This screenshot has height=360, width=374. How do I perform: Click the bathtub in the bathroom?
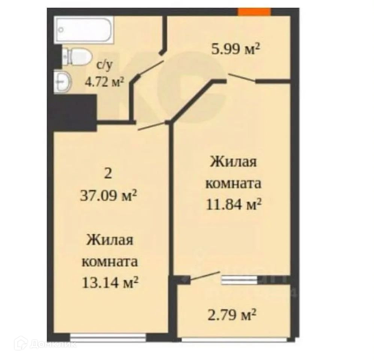click(x=84, y=30)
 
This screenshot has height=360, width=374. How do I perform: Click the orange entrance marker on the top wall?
click(x=255, y=12)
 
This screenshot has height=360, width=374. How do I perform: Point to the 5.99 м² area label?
click(x=235, y=49)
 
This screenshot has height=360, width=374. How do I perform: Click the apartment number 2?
click(x=108, y=174)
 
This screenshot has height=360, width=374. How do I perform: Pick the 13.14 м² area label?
click(x=110, y=282)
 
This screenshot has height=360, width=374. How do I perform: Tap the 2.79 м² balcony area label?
click(x=232, y=315)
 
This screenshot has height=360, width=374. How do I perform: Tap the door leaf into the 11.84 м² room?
click(x=242, y=78)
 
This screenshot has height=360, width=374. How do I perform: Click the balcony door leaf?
click(x=205, y=276)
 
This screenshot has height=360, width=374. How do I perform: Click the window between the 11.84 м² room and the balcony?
click(x=240, y=280)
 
